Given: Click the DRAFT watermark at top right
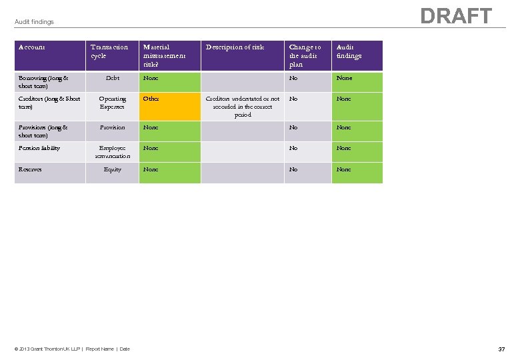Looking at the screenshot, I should [x=456, y=16].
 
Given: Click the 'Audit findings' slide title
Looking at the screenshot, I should [x=34, y=22].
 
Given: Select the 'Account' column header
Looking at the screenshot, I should [x=32, y=47].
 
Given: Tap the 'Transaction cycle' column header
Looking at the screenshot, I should [x=109, y=51].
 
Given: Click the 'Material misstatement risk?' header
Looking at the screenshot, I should [x=164, y=56].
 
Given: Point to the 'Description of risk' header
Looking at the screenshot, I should [x=235, y=47].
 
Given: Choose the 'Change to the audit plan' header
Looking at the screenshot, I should [x=305, y=56].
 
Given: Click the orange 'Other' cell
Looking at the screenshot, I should [x=151, y=99].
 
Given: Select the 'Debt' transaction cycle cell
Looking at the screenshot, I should [x=112, y=78].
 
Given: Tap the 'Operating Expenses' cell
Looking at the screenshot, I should [x=112, y=103].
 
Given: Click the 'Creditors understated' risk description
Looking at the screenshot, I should [x=243, y=107].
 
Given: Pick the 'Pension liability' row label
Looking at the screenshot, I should [x=39, y=148].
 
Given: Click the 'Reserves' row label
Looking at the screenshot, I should [x=30, y=169].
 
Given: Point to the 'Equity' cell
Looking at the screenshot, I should [x=112, y=169].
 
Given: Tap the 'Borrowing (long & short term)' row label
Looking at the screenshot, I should [x=43, y=82].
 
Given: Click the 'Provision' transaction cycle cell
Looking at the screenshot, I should [x=112, y=127].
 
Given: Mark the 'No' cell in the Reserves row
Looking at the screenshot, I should [x=293, y=169].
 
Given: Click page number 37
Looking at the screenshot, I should [x=501, y=349].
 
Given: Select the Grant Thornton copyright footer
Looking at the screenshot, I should [x=73, y=349].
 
